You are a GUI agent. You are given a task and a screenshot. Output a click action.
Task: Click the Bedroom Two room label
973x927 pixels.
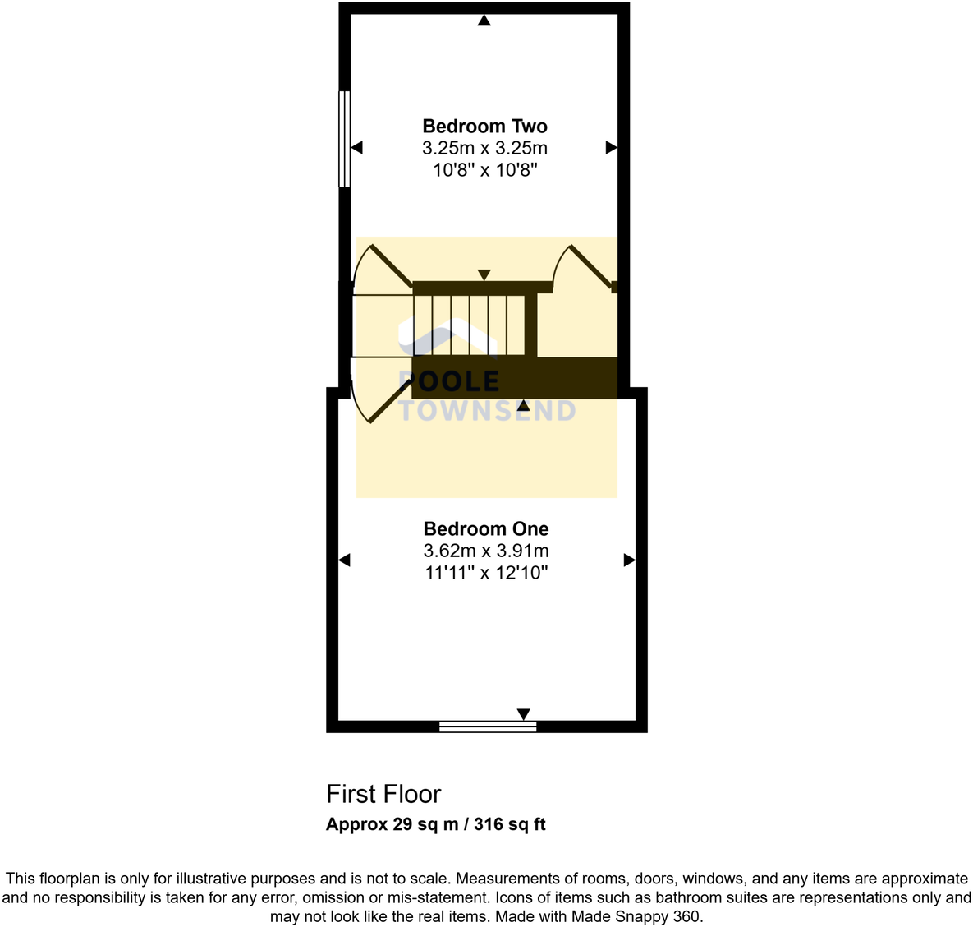tap(484, 126)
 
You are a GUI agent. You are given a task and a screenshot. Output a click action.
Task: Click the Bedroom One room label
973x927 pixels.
tap(486, 528)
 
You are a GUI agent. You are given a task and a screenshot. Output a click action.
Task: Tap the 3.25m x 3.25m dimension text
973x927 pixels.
tap(484, 148)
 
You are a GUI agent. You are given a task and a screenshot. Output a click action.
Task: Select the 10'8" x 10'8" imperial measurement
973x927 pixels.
tap(484, 170)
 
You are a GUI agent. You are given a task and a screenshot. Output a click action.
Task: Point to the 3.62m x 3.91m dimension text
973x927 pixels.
tap(486, 551)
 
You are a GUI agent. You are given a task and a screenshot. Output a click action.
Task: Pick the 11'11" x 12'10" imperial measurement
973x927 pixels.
tap(486, 573)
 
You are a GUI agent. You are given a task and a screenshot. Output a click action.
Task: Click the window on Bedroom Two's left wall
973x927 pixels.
tap(345, 139)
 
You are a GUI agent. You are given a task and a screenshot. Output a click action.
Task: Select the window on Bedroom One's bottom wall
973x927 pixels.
tap(488, 726)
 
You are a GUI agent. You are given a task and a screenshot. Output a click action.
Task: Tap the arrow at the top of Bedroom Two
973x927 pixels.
tap(484, 21)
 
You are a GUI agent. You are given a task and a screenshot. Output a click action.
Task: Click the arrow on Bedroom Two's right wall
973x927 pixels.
tap(611, 148)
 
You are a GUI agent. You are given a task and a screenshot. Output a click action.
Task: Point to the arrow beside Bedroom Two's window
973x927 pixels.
tap(357, 148)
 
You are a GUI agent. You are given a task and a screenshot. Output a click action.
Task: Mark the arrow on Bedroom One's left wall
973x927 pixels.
tap(344, 560)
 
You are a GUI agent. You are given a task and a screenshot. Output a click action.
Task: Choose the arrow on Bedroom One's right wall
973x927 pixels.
tap(629, 560)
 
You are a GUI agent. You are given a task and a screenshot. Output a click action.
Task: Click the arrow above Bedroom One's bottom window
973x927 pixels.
tap(523, 713)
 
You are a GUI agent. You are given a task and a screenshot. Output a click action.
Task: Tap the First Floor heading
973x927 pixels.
tap(383, 794)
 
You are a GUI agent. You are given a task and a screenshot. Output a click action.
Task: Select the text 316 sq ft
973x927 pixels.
tap(510, 824)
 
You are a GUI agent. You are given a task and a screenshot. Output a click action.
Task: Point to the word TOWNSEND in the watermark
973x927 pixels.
tap(488, 411)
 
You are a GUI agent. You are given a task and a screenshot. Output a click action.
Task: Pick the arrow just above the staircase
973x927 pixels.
tap(484, 275)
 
